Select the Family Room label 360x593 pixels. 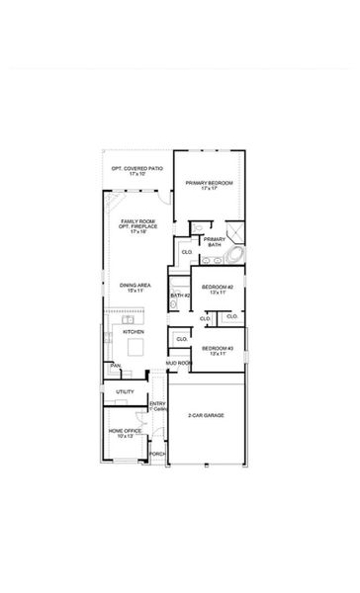(x=135, y=225)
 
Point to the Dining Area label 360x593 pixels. (x=135, y=288)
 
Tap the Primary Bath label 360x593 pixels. (x=215, y=240)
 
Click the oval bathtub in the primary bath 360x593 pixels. (x=234, y=255)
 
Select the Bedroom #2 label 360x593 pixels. (x=216, y=289)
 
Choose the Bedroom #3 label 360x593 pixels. (x=216, y=350)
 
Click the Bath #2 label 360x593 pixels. (x=179, y=295)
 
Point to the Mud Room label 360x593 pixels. (x=179, y=364)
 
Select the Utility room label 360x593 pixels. (x=125, y=392)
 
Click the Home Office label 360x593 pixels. (x=125, y=434)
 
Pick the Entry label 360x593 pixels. (x=156, y=405)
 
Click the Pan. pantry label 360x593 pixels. (x=115, y=366)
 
